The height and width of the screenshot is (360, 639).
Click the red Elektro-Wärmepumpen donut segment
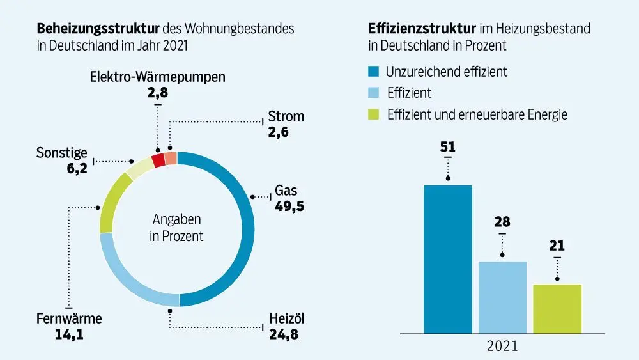pos(158,160)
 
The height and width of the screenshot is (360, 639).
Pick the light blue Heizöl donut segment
pos(128,281)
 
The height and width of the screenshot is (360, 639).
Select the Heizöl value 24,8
pos(283,334)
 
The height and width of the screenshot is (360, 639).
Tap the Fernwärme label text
pos(69,319)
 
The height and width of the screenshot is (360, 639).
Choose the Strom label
pos(286,116)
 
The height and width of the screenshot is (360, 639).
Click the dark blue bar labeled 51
pos(447,259)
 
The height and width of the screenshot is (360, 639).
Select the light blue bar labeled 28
pos(502,297)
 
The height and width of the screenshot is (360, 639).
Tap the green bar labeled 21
pos(557,309)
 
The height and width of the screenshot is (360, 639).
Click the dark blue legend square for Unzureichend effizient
pos(374,71)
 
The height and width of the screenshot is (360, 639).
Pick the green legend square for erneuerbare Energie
pos(374,115)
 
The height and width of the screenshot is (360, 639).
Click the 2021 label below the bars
pos(502,347)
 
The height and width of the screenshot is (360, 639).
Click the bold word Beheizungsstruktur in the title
pos(98,29)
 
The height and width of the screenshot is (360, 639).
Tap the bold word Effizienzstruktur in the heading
pos(422,29)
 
